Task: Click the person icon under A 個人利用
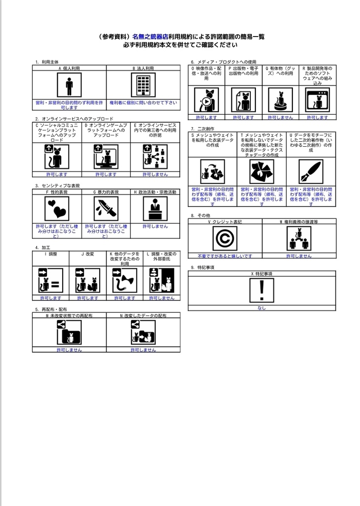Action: (x=69, y=86)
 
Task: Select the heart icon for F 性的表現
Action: (x=57, y=209)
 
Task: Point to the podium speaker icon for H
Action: (x=155, y=209)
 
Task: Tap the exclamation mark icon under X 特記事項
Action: (x=261, y=290)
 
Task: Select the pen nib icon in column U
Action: (x=311, y=171)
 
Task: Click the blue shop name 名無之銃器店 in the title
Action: (x=151, y=37)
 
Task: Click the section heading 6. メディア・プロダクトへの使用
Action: (x=224, y=62)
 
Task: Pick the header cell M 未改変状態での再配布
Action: (x=69, y=315)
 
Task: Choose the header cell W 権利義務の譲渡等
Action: (x=299, y=222)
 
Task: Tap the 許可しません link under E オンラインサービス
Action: (x=155, y=174)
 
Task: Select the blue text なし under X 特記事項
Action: (x=261, y=308)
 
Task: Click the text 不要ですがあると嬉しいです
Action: (x=225, y=256)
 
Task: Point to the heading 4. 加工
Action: (x=43, y=247)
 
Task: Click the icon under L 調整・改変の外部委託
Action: (x=161, y=281)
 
